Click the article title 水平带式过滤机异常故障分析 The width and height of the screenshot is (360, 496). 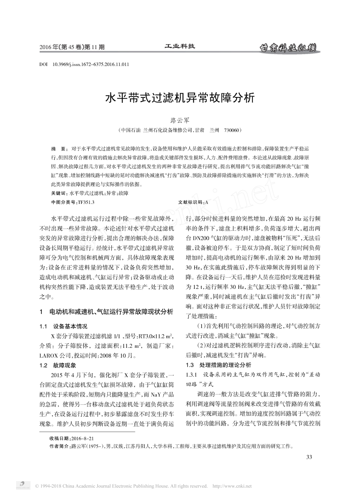pyautogui.click(x=180, y=99)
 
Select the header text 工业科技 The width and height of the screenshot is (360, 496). pyautogui.click(x=180, y=46)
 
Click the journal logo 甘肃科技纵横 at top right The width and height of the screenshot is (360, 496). pyautogui.click(x=287, y=47)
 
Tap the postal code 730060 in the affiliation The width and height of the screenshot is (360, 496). pyautogui.click(x=231, y=130)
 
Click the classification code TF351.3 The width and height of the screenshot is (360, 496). pyautogui.click(x=86, y=202)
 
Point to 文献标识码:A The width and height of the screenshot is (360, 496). pyautogui.click(x=193, y=202)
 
